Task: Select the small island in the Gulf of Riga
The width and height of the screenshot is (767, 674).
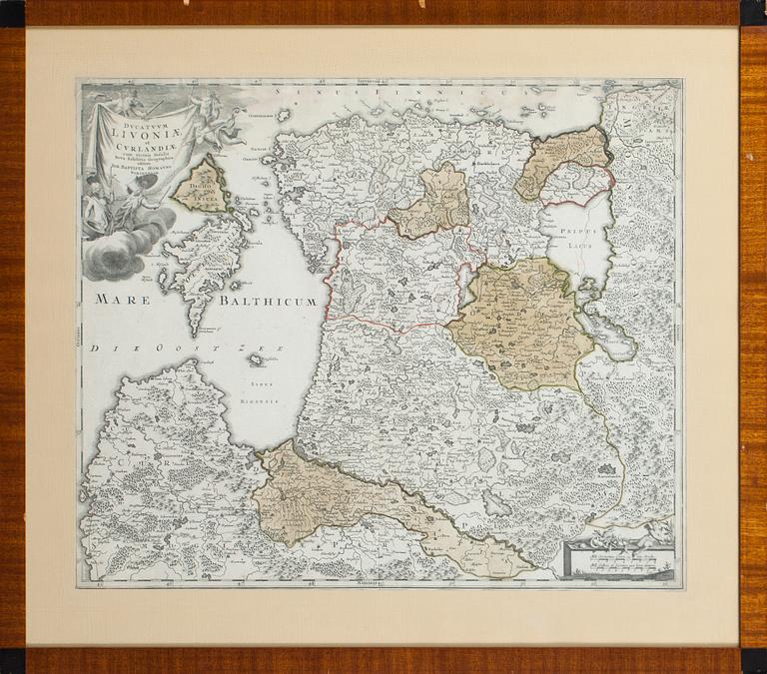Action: click(259, 360)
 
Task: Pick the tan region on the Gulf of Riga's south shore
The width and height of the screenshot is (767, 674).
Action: click(330, 494)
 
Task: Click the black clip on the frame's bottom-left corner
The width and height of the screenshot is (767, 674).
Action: click(11, 660)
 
